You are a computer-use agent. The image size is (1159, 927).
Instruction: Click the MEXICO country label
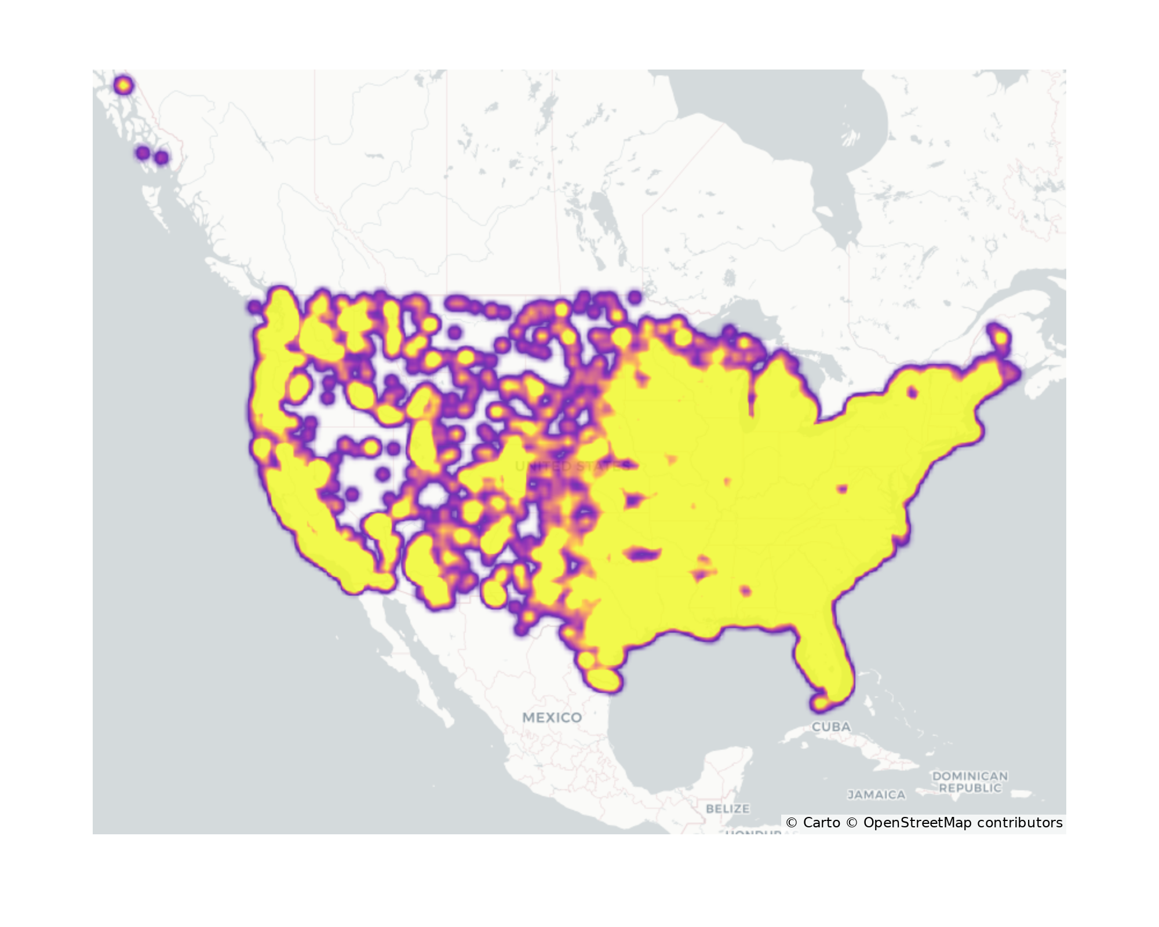point(552,717)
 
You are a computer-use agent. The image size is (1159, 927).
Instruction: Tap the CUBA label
point(831,727)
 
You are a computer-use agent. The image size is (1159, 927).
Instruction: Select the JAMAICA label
point(876,795)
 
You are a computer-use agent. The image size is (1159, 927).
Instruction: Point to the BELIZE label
point(728,808)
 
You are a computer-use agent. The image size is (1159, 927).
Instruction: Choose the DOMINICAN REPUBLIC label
point(970,782)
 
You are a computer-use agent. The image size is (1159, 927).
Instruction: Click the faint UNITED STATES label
point(571,466)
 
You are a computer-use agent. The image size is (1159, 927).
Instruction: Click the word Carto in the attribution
point(821,823)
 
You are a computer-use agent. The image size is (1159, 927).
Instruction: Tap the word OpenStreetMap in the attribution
point(917,823)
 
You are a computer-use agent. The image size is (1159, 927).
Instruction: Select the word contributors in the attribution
point(1020,823)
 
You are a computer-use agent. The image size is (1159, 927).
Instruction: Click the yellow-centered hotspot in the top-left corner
point(123,86)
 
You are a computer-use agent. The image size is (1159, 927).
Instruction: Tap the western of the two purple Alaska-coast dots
point(143,154)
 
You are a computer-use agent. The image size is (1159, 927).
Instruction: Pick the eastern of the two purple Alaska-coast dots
point(162,157)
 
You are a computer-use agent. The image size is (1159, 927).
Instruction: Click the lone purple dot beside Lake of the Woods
point(635,298)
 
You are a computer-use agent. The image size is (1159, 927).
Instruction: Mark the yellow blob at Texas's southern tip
point(603,679)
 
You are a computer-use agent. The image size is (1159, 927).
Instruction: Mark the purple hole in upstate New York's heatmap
point(912,393)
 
